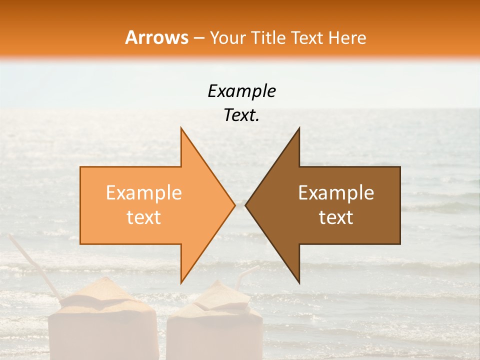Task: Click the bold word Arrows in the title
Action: [x=156, y=37]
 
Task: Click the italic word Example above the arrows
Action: [x=241, y=91]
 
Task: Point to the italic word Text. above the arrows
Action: [x=241, y=115]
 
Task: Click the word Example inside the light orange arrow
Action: [x=144, y=193]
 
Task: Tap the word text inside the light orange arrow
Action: [x=144, y=217]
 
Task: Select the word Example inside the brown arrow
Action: [x=336, y=193]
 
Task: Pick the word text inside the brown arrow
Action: [x=336, y=217]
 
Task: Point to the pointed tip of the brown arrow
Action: [x=246, y=205]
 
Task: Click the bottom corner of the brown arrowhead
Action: [x=299, y=282]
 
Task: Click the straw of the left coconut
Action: [x=35, y=265]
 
